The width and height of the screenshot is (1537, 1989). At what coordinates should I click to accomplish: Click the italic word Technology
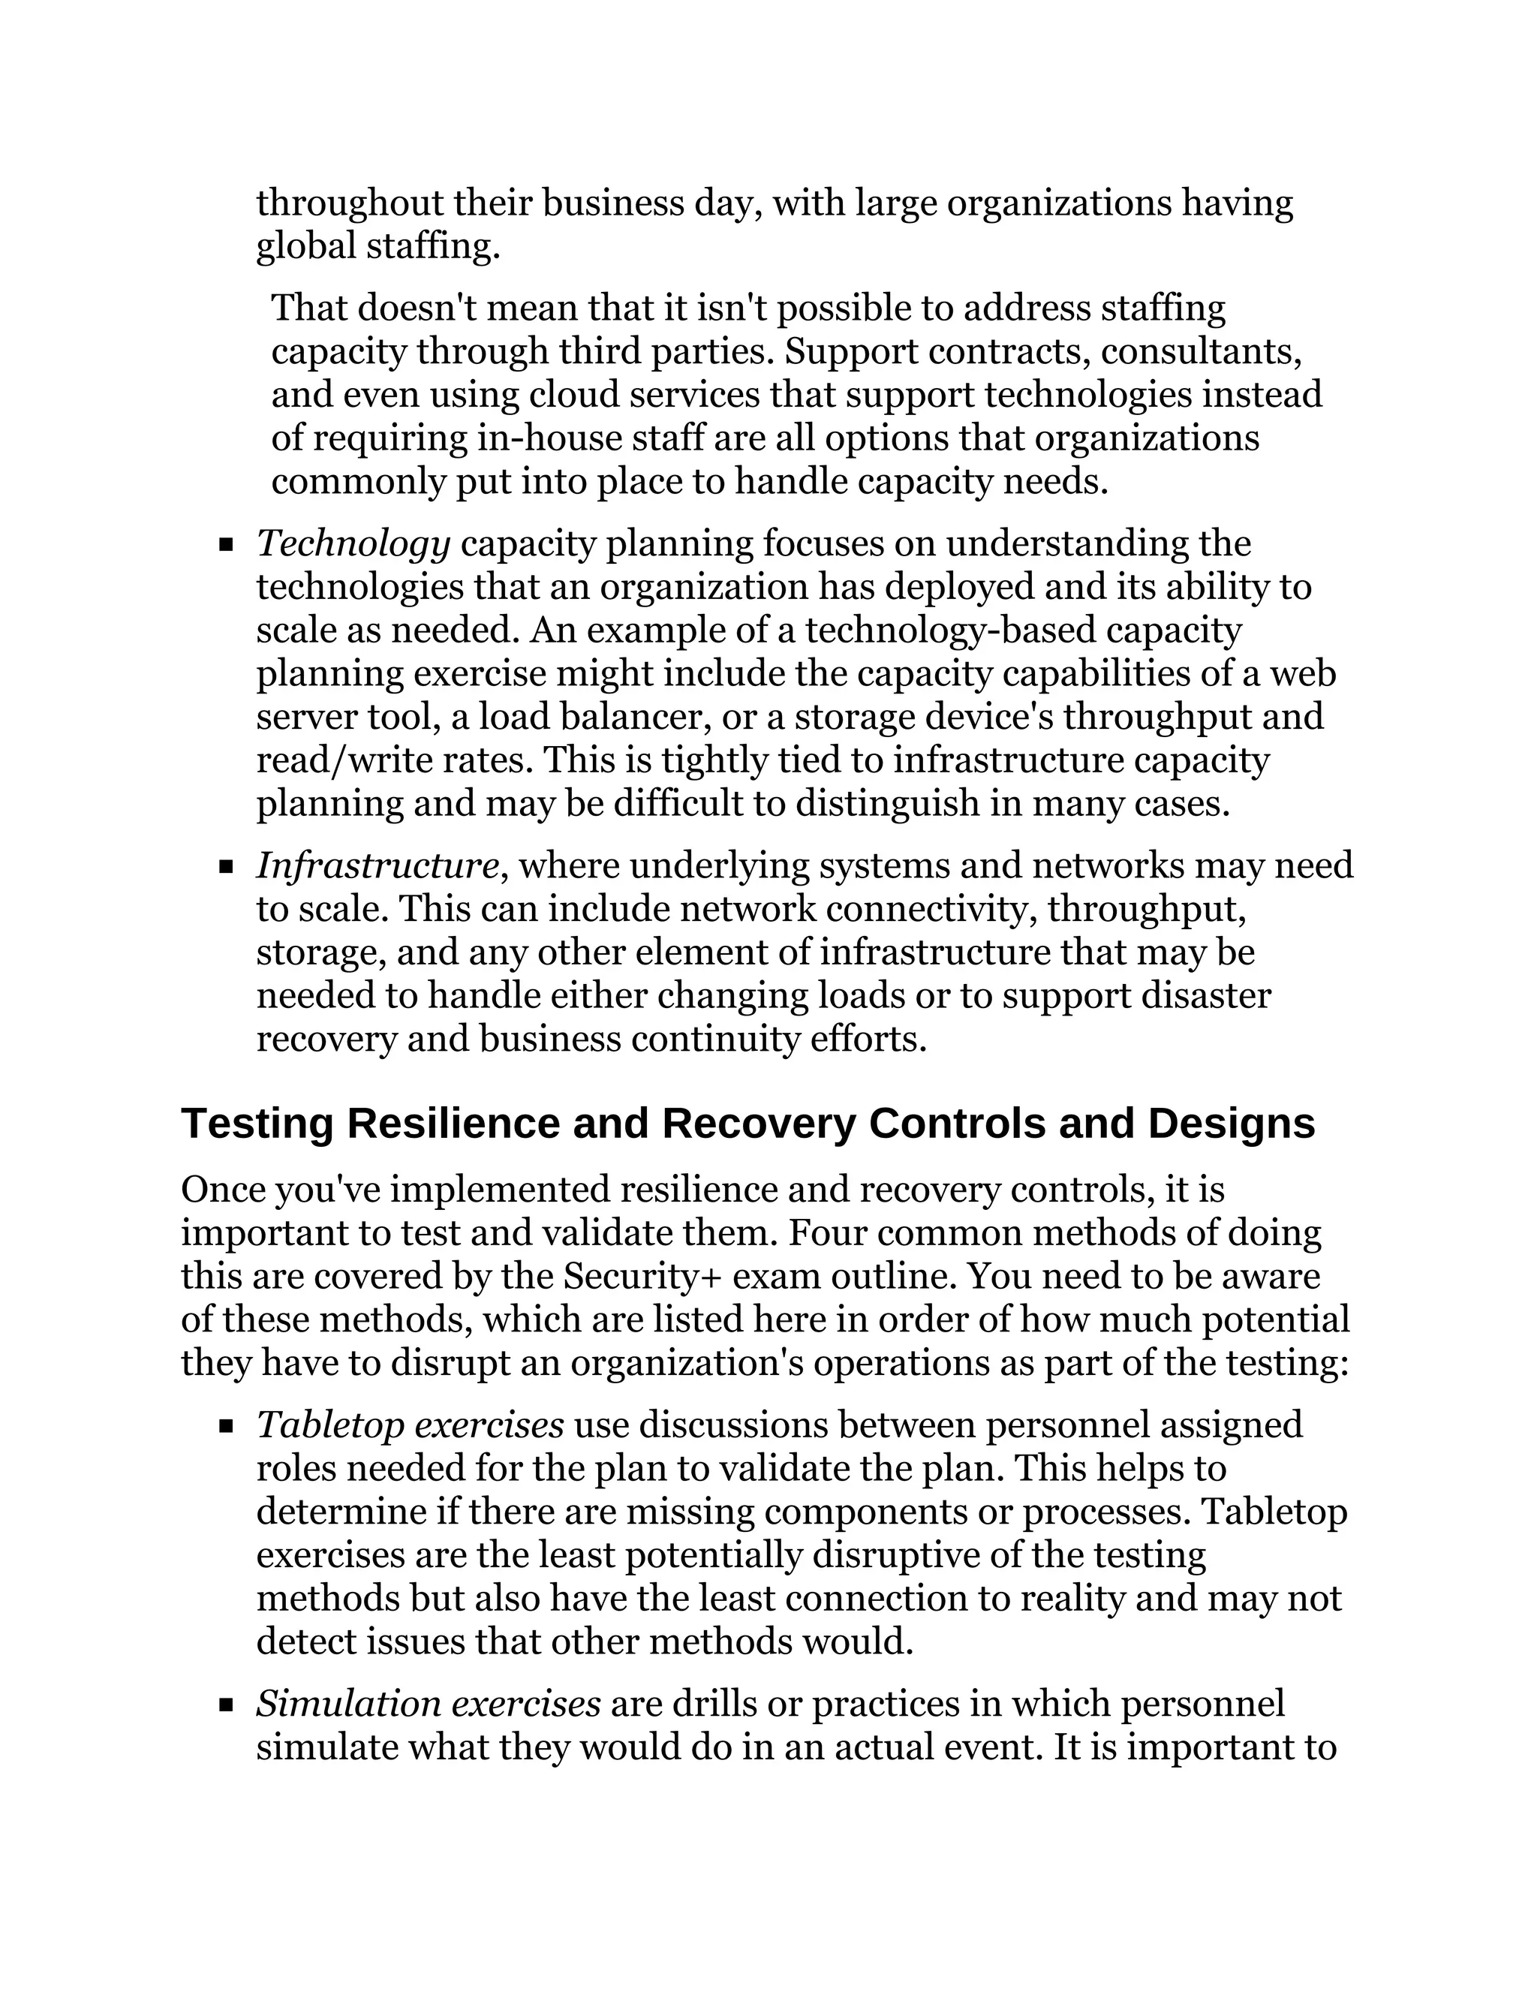(x=353, y=545)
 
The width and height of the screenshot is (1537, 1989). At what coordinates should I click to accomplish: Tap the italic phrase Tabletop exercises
(x=410, y=1425)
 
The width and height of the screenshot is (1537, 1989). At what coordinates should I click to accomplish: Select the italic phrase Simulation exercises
(x=428, y=1704)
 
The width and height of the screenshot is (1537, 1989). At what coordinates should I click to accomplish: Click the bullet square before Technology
(x=227, y=546)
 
